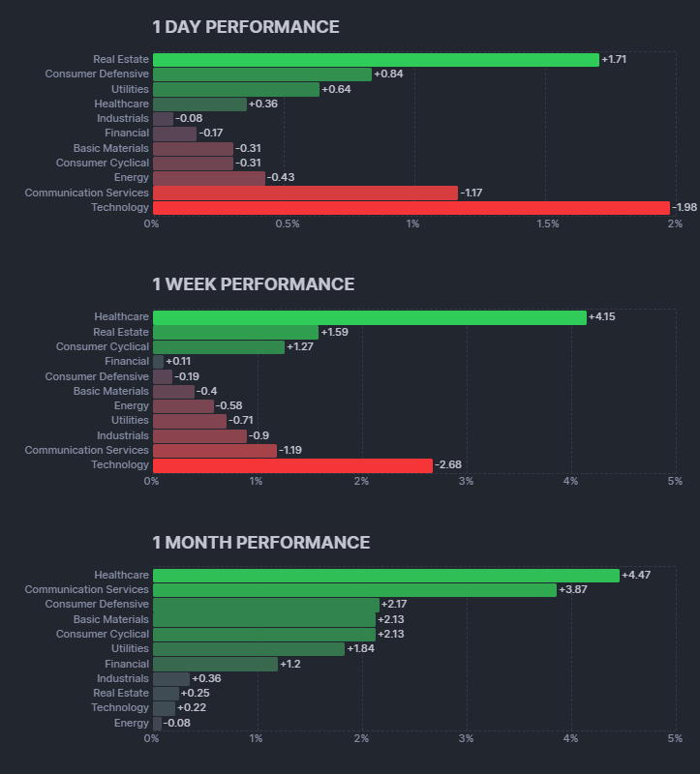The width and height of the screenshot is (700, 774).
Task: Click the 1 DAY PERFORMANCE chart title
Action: [x=246, y=27]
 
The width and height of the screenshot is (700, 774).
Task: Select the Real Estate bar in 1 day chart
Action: [x=376, y=60]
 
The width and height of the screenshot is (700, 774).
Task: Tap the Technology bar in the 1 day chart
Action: [x=411, y=208]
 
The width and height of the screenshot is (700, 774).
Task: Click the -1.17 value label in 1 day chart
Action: [x=472, y=193]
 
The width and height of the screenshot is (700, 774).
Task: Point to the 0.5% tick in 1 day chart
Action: [x=288, y=224]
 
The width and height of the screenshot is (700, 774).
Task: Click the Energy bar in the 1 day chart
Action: [x=208, y=178]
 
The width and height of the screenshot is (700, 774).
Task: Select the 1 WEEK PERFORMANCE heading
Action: [x=253, y=284]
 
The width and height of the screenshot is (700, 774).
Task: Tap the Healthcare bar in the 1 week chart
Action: [x=369, y=317]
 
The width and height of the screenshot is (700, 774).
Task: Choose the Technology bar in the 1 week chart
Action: [x=292, y=465]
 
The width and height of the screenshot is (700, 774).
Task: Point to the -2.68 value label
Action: [x=448, y=465]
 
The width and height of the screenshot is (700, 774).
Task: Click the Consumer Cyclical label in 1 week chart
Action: [x=103, y=346]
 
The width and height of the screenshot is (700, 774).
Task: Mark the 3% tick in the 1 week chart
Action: [x=466, y=482]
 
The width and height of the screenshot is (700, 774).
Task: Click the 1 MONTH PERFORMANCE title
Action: [x=260, y=543]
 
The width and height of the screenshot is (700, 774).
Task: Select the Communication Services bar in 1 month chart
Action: [x=354, y=590]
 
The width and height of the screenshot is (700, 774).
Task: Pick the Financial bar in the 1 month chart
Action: [x=215, y=664]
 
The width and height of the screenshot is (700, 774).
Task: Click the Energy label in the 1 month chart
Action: [x=132, y=723]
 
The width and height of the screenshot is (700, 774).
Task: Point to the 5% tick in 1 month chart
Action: [x=675, y=739]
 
